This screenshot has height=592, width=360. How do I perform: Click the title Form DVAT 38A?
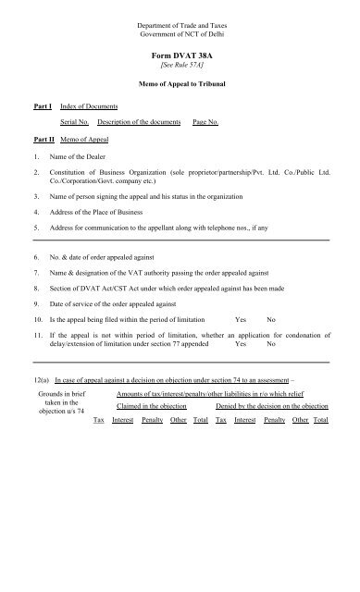180,57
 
